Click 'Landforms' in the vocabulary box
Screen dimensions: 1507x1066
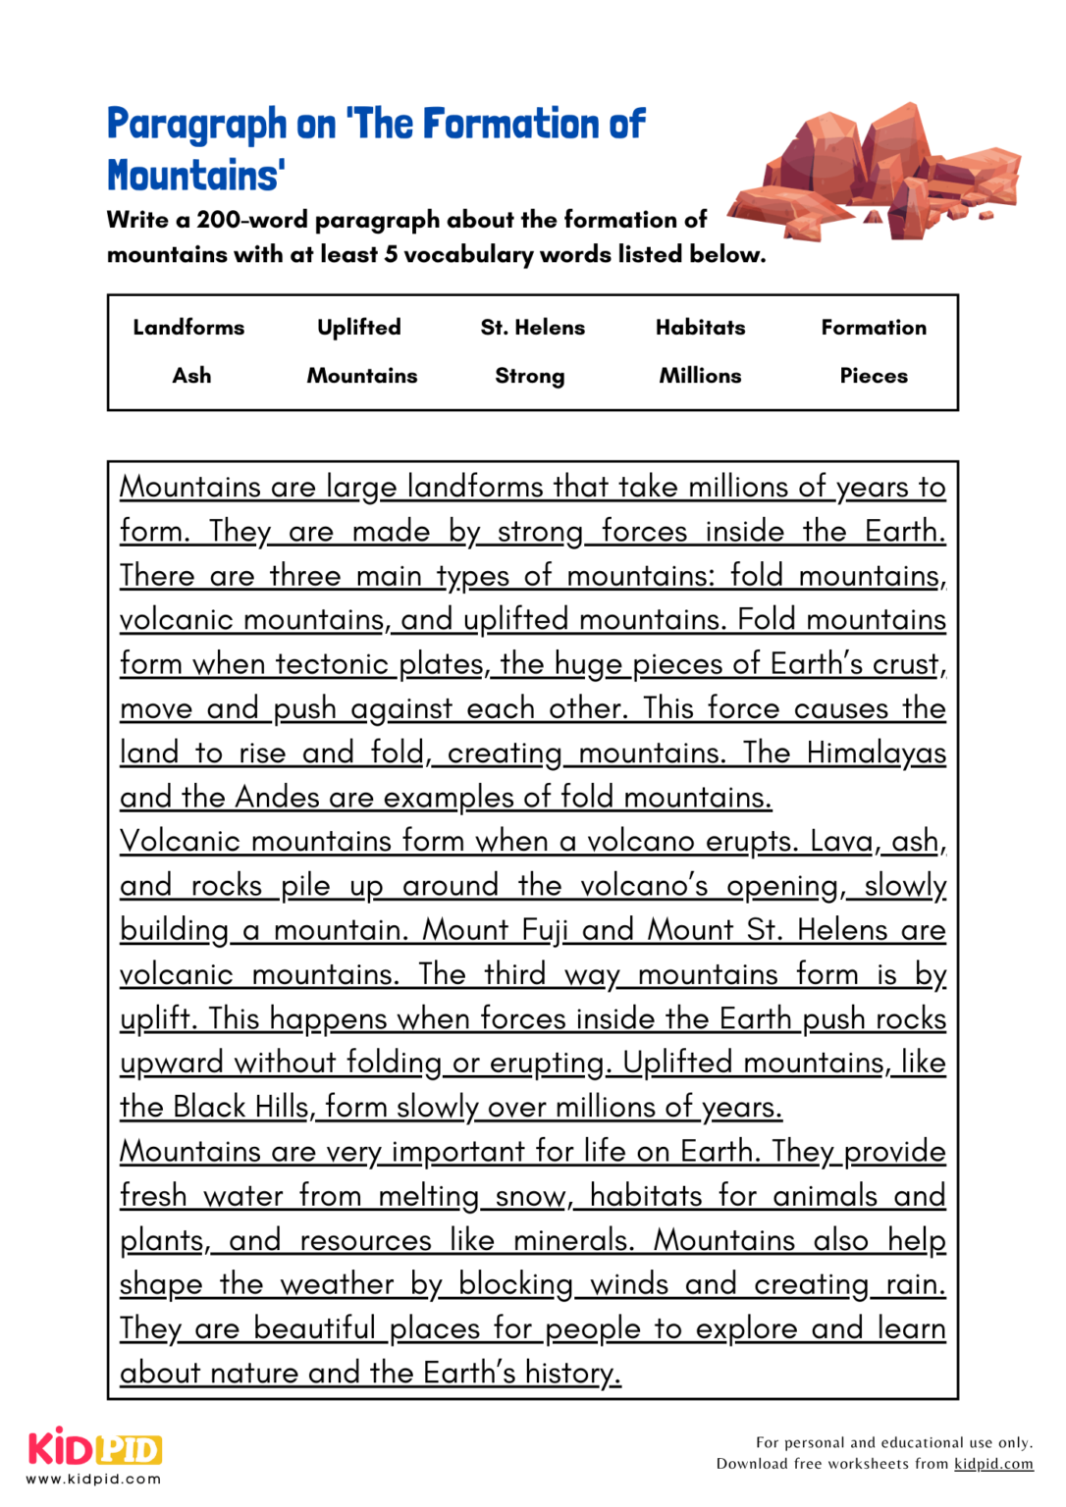(x=188, y=328)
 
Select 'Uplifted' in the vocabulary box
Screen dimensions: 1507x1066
(x=359, y=328)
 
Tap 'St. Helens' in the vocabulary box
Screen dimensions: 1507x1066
(x=532, y=328)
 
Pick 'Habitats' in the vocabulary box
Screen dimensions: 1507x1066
(x=700, y=328)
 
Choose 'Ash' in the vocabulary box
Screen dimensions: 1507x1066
(x=191, y=376)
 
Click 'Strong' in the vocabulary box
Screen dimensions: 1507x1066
(x=530, y=376)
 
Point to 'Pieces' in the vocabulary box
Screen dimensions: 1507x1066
(x=874, y=376)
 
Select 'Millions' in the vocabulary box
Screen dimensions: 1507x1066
(x=700, y=376)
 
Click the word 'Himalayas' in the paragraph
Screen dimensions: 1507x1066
(x=876, y=753)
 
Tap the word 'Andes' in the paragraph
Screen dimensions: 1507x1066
(x=278, y=798)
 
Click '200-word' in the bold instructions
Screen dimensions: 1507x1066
(x=252, y=220)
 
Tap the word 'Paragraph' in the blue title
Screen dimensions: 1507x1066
(x=196, y=125)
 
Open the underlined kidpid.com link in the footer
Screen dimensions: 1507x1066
(x=993, y=1464)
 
